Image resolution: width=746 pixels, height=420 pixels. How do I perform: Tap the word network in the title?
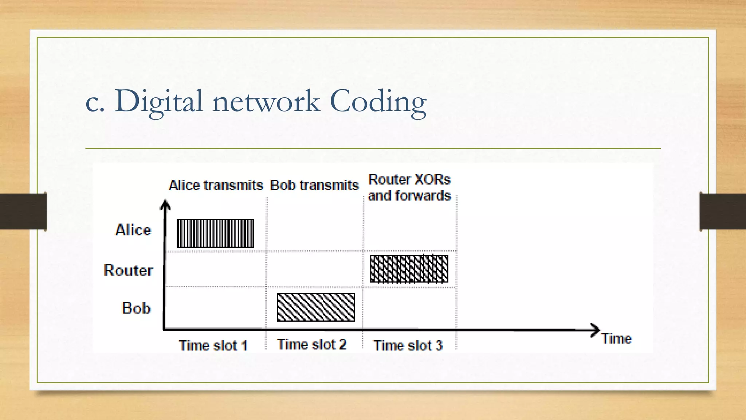pos(266,102)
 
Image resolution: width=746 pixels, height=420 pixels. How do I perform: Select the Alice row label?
pos(133,230)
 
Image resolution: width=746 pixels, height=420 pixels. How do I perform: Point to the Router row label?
pos(128,270)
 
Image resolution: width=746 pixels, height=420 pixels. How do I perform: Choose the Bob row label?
pos(136,308)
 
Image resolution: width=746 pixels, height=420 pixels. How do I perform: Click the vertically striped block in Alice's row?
pos(215,233)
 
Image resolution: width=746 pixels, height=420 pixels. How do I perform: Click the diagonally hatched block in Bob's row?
pos(316,307)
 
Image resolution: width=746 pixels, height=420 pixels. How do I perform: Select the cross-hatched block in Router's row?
pos(409,269)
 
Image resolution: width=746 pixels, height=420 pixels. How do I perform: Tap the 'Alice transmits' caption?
pos(216,185)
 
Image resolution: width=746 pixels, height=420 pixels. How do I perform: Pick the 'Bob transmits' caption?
pos(314,185)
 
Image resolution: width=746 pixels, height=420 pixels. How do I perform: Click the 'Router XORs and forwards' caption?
pos(409,188)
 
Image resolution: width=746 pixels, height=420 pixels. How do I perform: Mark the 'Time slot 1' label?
pos(213,345)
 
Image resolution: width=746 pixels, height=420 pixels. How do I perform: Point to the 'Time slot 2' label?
pos(311,345)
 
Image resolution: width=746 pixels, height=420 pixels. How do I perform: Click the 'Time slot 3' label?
pos(408,345)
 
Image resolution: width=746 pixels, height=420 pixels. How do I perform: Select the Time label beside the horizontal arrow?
pos(616,339)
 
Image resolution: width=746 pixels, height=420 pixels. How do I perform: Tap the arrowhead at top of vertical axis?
pos(165,205)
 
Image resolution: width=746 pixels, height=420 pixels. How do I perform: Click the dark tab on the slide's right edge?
pos(723,211)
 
